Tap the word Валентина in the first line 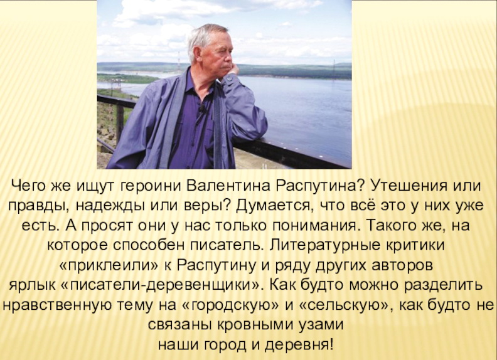228,186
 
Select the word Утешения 406,186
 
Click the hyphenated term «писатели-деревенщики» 161,285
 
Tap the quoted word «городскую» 232,305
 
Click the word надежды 111,206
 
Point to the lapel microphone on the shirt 201,109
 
